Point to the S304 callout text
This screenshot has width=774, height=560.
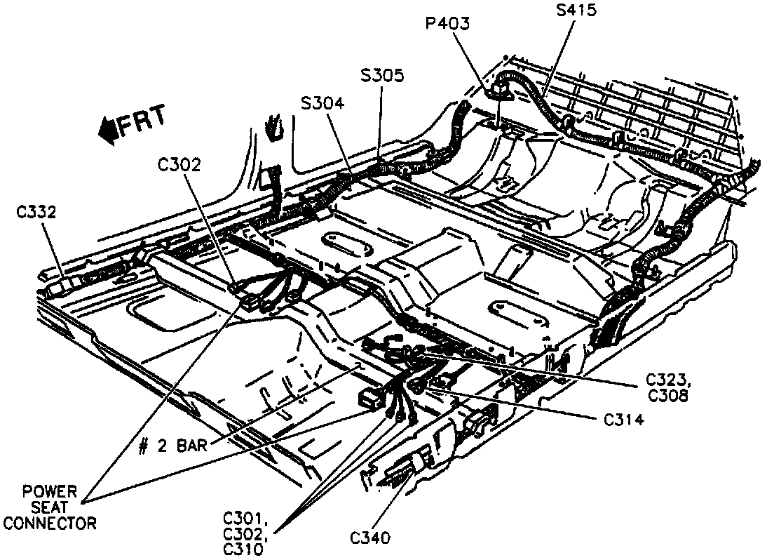click(x=322, y=103)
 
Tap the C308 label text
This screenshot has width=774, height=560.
click(x=665, y=396)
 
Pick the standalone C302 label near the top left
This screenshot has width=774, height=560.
click(x=179, y=165)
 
